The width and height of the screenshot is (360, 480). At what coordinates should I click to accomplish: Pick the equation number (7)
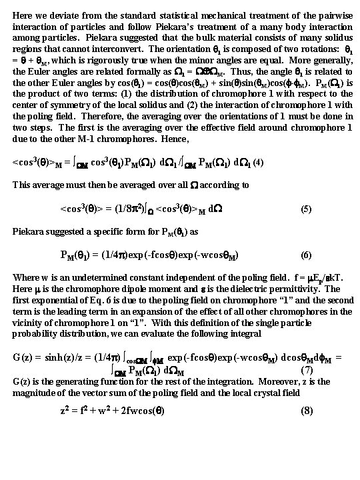(306, 370)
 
